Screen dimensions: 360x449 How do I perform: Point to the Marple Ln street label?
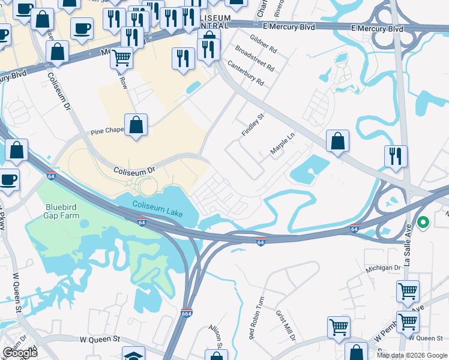coord(283,144)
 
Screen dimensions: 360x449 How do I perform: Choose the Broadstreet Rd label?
coord(255,59)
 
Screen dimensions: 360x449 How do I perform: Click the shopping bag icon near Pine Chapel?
coord(136,125)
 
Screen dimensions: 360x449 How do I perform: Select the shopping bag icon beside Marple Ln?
coord(338,141)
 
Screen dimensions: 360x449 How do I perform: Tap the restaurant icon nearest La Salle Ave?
coord(396,156)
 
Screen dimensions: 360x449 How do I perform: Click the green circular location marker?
coord(423,223)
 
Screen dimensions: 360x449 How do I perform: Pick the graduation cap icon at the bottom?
coord(133,355)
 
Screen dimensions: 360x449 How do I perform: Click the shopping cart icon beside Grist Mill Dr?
coord(339,328)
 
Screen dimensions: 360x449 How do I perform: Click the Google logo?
coord(20,353)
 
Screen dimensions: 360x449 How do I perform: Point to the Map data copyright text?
coord(411,355)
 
